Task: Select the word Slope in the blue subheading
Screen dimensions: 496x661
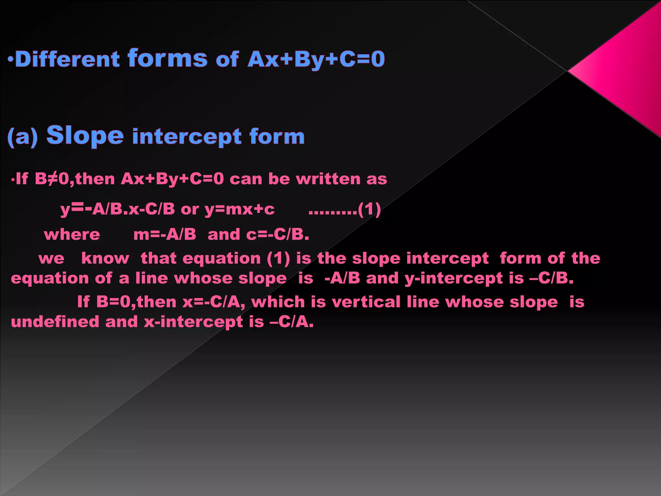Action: click(85, 135)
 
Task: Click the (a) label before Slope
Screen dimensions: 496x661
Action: click(23, 137)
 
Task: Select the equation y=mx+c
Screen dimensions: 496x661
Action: click(239, 209)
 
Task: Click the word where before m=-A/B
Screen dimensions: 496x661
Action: click(72, 234)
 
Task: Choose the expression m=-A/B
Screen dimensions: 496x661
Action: click(165, 234)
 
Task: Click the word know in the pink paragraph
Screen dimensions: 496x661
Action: click(105, 258)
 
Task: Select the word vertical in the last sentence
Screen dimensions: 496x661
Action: click(366, 302)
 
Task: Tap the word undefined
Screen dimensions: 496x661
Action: click(55, 322)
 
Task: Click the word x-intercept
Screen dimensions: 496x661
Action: click(193, 322)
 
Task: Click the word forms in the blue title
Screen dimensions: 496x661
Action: click(168, 58)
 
